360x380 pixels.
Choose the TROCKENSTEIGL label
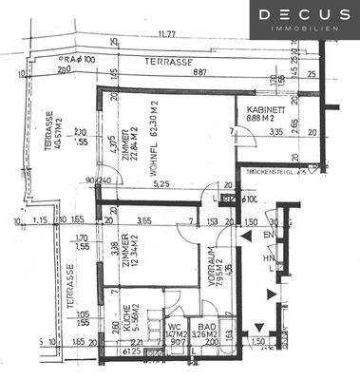pos(269,172)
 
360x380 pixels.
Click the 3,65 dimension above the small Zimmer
pos(146,221)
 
